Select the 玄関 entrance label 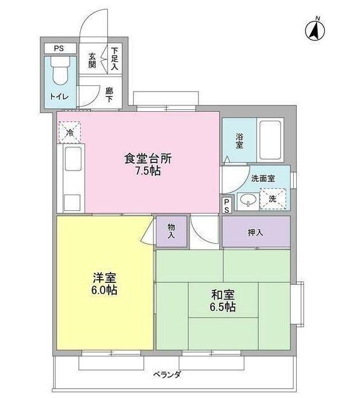(x=92, y=60)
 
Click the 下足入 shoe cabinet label (x=114, y=57)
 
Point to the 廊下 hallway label (x=109, y=95)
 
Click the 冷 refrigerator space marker (x=70, y=132)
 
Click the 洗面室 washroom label (x=263, y=178)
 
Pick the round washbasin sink (x=248, y=202)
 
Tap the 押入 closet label (x=255, y=232)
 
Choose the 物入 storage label (x=172, y=231)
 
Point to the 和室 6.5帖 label (x=223, y=300)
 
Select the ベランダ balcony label (x=167, y=375)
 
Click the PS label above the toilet (x=59, y=49)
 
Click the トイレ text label (x=59, y=97)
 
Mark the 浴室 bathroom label (x=240, y=141)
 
